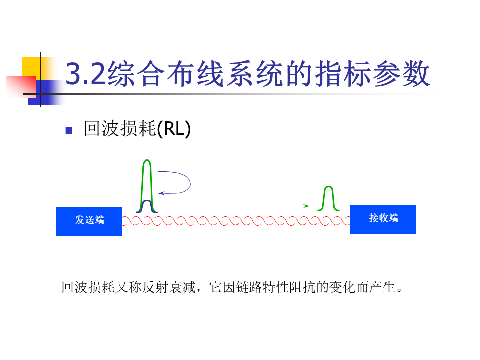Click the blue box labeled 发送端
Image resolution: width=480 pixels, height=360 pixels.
click(x=89, y=221)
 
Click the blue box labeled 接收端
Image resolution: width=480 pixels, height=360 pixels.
click(x=383, y=219)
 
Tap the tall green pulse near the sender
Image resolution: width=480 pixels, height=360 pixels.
click(x=146, y=180)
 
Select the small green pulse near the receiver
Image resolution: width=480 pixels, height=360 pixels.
click(x=328, y=198)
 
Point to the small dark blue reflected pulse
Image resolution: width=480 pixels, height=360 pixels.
click(x=147, y=206)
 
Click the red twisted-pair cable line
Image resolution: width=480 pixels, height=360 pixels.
click(x=235, y=221)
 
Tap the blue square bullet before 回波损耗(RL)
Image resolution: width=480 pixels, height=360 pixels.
click(x=69, y=131)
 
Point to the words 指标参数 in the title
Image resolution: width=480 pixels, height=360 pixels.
click(x=379, y=74)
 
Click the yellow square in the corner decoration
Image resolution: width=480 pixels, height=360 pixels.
click(x=31, y=67)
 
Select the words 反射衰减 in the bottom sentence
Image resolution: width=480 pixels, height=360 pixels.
click(x=167, y=288)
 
